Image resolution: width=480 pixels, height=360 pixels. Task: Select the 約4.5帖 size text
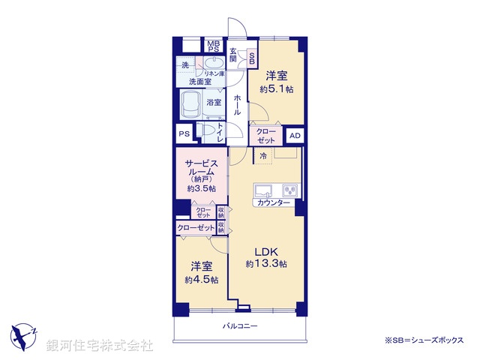point(202,280)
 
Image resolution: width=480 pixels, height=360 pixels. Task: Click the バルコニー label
point(239,326)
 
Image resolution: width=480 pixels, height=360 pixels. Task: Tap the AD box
point(295,135)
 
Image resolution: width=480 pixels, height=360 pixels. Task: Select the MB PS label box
point(213,45)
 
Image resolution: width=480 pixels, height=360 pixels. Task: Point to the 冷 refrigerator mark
point(263,155)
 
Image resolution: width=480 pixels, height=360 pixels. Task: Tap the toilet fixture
point(207,133)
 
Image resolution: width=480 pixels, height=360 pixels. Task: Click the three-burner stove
point(289,189)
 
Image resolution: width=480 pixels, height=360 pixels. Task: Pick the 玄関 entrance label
point(233,55)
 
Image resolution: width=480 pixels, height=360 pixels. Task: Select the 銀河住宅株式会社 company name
point(100,346)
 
